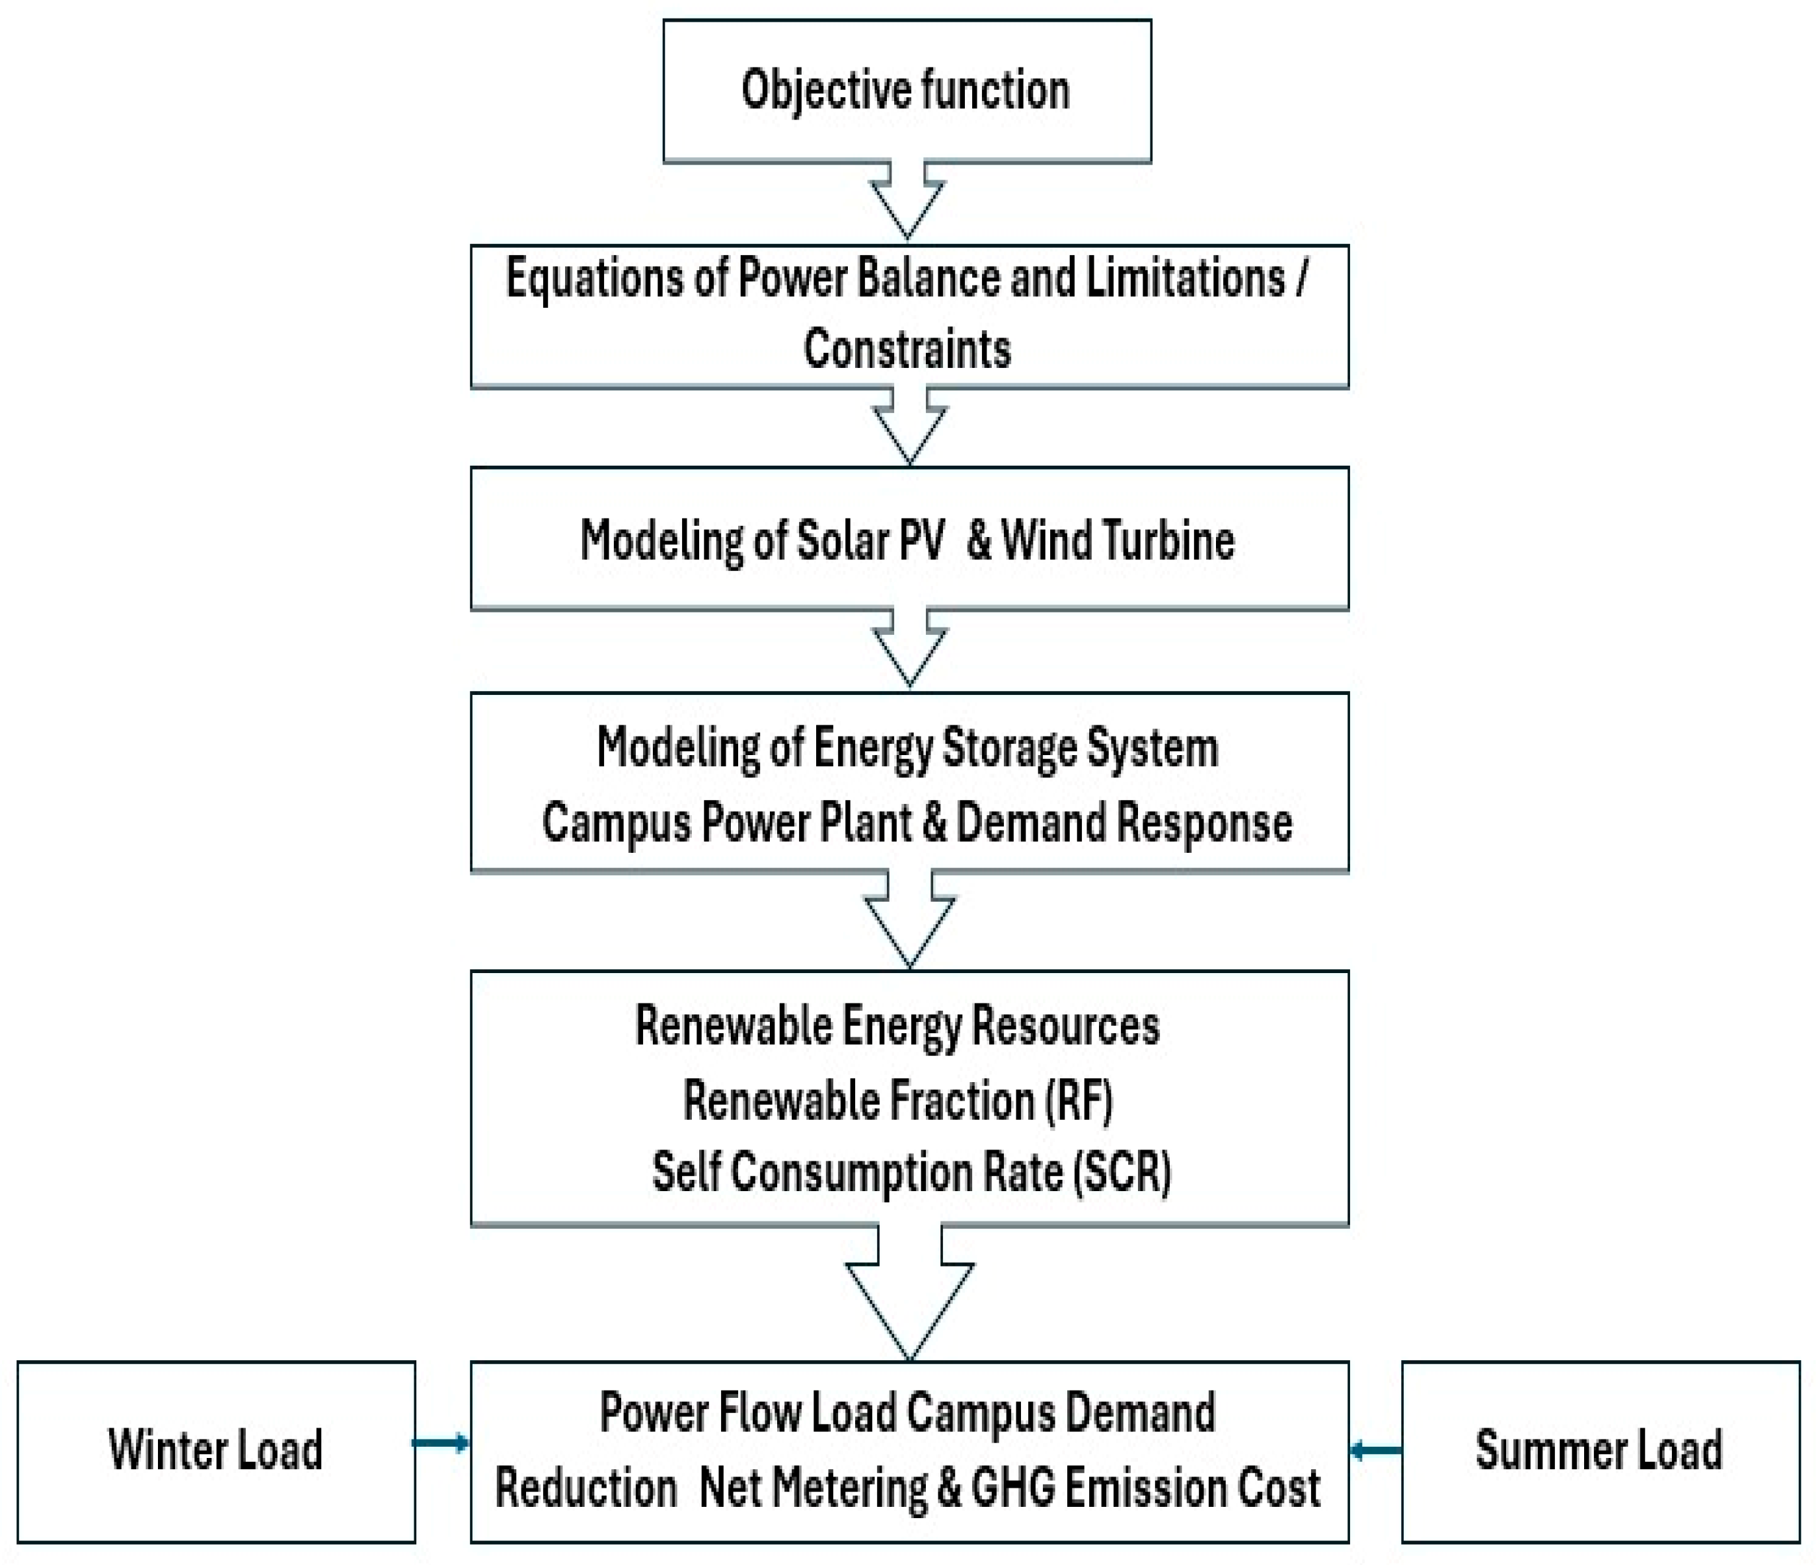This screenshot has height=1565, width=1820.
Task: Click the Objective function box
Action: pyautogui.click(x=907, y=91)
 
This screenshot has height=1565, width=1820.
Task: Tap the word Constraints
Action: pyautogui.click(x=907, y=349)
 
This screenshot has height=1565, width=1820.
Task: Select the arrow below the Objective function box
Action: pyautogui.click(x=907, y=200)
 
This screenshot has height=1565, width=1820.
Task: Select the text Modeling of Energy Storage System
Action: pyautogui.click(x=907, y=748)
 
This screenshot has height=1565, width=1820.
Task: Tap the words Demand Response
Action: pyautogui.click(x=1123, y=823)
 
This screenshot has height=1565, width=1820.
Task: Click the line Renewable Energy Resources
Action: pyautogui.click(x=897, y=1026)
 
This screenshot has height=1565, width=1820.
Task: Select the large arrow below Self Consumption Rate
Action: pyautogui.click(x=910, y=1291)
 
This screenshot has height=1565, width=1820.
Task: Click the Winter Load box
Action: pyautogui.click(x=216, y=1450)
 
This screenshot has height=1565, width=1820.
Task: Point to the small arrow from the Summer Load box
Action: pyautogui.click(x=1375, y=1450)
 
